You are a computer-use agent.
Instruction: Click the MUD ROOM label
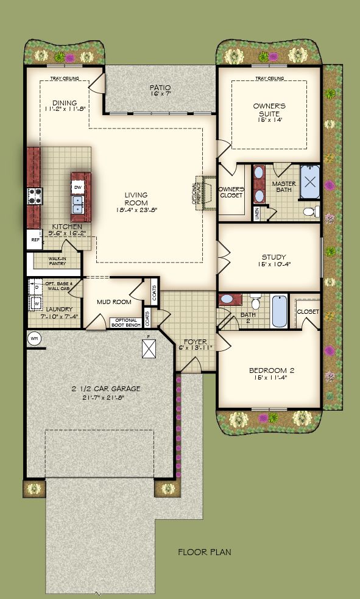coord(114,302)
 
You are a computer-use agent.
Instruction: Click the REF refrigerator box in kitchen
coord(34,240)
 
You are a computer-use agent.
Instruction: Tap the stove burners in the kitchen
coord(33,196)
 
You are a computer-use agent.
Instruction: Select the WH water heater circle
coord(34,339)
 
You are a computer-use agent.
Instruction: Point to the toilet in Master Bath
coord(309,211)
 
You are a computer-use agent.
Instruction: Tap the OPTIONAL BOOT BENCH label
coord(125,322)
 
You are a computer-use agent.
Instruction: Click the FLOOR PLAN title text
coord(204,553)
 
